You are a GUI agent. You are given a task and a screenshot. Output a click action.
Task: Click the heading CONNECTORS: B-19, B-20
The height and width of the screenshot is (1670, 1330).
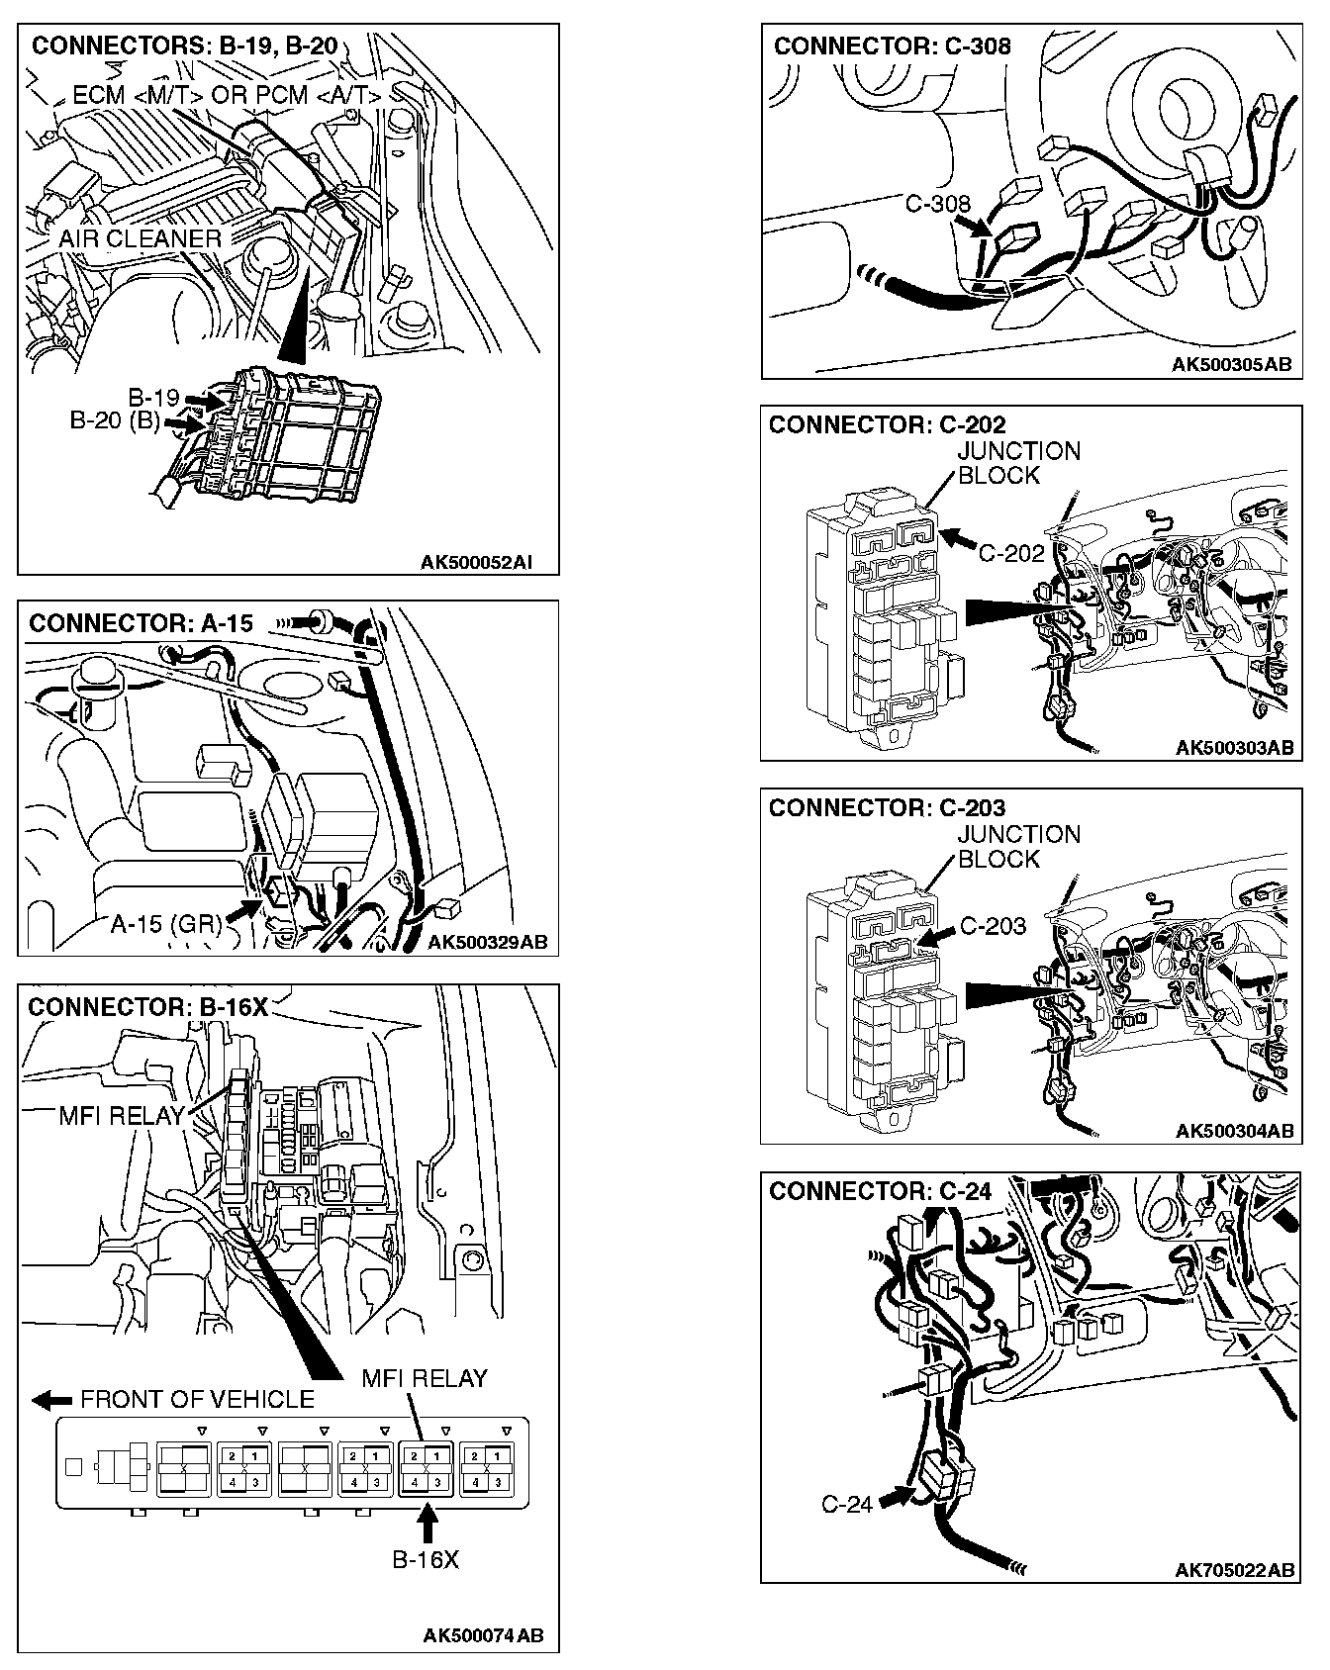pyautogui.click(x=185, y=46)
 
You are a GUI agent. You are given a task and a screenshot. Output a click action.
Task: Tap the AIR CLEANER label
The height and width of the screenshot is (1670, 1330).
pyautogui.click(x=140, y=238)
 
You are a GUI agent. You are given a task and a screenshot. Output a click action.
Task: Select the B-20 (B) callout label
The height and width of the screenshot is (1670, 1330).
pyautogui.click(x=115, y=421)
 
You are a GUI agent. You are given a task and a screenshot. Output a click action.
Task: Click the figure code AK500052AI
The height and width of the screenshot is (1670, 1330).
pyautogui.click(x=476, y=563)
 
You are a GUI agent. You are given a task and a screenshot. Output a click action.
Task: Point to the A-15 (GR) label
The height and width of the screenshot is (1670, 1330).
pyautogui.click(x=165, y=923)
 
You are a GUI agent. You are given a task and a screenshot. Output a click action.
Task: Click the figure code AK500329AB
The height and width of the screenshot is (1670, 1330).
pyautogui.click(x=487, y=941)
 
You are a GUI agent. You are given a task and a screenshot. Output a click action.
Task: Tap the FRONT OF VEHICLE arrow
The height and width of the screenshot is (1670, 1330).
pyautogui.click(x=52, y=1400)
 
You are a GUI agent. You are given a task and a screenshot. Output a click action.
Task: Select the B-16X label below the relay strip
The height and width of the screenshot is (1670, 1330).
pyautogui.click(x=426, y=1560)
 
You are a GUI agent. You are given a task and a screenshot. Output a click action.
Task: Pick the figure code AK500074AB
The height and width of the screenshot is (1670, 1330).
pyautogui.click(x=483, y=1635)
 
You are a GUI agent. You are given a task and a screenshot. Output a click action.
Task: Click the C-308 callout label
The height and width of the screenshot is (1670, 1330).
pyautogui.click(x=937, y=205)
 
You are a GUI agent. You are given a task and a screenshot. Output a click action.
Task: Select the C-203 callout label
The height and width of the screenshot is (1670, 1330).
pyautogui.click(x=993, y=926)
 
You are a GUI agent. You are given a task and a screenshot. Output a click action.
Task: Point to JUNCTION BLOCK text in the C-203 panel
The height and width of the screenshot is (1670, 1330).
pyautogui.click(x=1017, y=847)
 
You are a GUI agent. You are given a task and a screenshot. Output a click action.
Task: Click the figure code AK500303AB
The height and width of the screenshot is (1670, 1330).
pyautogui.click(x=1234, y=748)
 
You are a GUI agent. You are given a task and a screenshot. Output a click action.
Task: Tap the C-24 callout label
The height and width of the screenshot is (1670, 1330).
pyautogui.click(x=847, y=1505)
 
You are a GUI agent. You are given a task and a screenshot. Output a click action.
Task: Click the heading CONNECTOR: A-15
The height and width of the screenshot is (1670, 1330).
pyautogui.click(x=142, y=623)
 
